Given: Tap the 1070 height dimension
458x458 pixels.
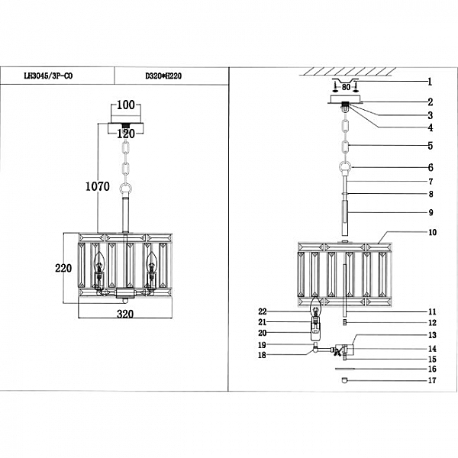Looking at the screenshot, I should (x=97, y=185).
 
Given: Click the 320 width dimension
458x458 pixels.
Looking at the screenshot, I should (x=125, y=314).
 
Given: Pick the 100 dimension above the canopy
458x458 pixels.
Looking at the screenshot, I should (x=125, y=105).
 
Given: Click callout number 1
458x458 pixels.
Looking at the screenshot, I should (x=430, y=82).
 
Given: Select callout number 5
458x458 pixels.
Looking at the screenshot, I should (x=430, y=145).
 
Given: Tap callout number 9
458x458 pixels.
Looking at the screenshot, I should (x=430, y=212).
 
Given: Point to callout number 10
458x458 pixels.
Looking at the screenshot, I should (x=431, y=231).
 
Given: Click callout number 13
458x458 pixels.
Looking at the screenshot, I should (x=431, y=335).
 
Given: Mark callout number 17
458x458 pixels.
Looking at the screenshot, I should (x=431, y=380).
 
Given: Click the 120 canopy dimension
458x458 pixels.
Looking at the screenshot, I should (x=125, y=134).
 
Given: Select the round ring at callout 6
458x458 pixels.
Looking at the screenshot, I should (x=345, y=167).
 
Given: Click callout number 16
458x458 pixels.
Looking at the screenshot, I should (x=431, y=369).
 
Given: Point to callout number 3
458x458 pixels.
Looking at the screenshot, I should (x=430, y=114).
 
